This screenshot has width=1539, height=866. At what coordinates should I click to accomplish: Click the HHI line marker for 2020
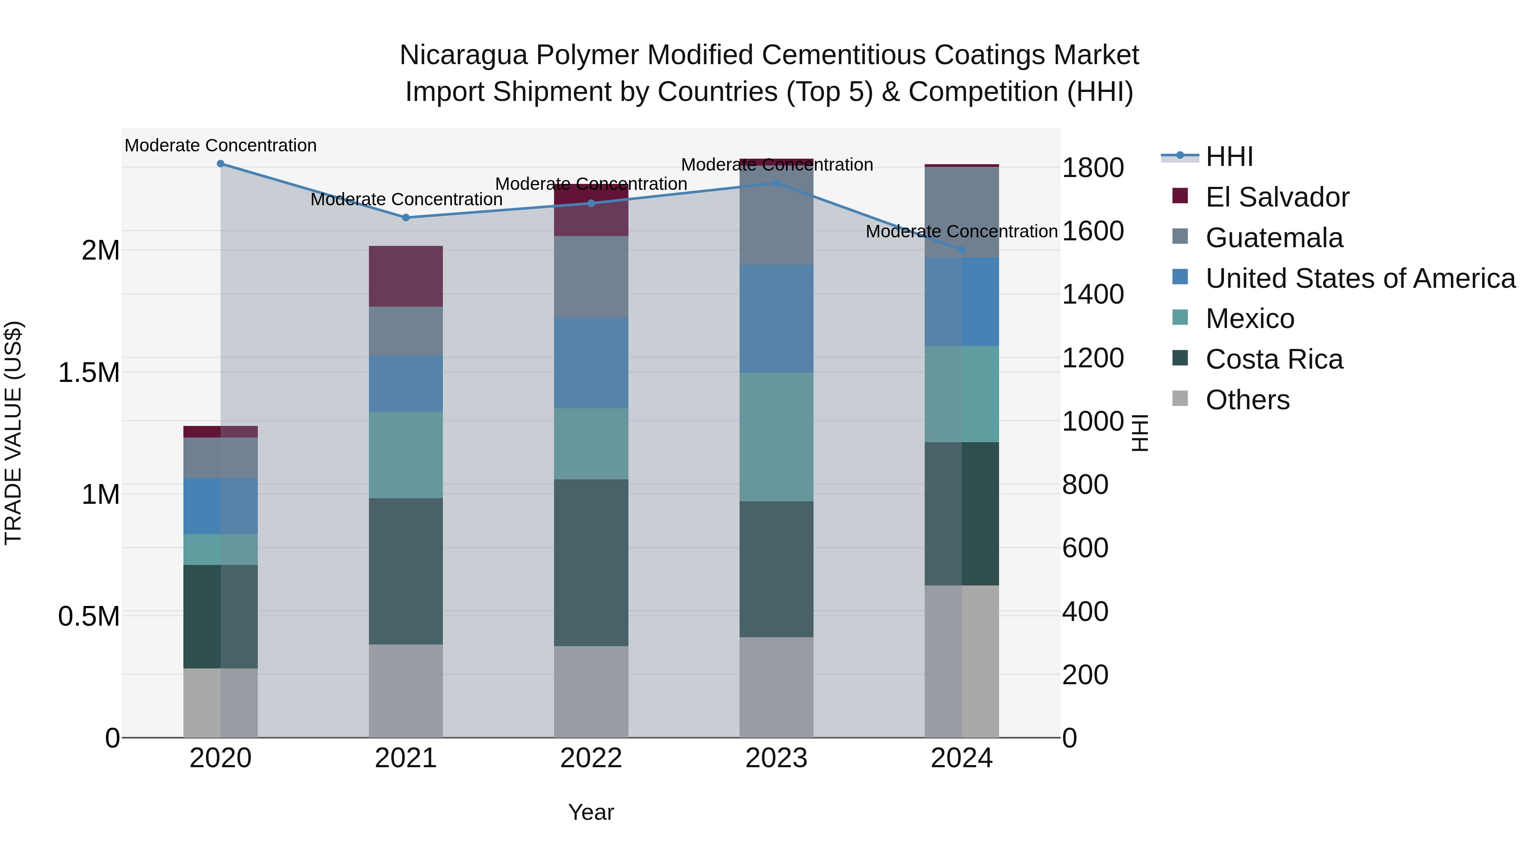[221, 164]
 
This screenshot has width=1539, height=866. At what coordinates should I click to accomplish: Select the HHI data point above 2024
[962, 250]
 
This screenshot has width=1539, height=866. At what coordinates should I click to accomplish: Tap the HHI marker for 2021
[406, 218]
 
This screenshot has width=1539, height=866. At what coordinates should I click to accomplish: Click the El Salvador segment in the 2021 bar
[406, 276]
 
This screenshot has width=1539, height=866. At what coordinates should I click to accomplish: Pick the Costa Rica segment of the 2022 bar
[591, 562]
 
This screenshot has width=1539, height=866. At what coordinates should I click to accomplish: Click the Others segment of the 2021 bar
[406, 690]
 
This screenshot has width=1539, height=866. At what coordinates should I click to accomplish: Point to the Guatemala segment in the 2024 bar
[962, 212]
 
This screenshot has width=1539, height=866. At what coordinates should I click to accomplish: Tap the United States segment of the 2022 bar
[591, 363]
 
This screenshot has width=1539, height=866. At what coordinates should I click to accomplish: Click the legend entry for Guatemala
[1274, 238]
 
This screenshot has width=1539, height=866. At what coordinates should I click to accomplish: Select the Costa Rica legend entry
[1274, 360]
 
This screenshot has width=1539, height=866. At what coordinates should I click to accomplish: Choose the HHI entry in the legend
[1229, 157]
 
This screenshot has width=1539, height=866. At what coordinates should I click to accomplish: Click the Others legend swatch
[1180, 399]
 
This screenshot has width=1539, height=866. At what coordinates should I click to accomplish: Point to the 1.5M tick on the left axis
[89, 373]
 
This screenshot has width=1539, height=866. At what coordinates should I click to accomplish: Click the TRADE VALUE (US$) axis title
[13, 433]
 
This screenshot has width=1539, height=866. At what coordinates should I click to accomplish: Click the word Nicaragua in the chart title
[463, 55]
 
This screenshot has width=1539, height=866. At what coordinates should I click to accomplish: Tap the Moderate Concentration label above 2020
[221, 146]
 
